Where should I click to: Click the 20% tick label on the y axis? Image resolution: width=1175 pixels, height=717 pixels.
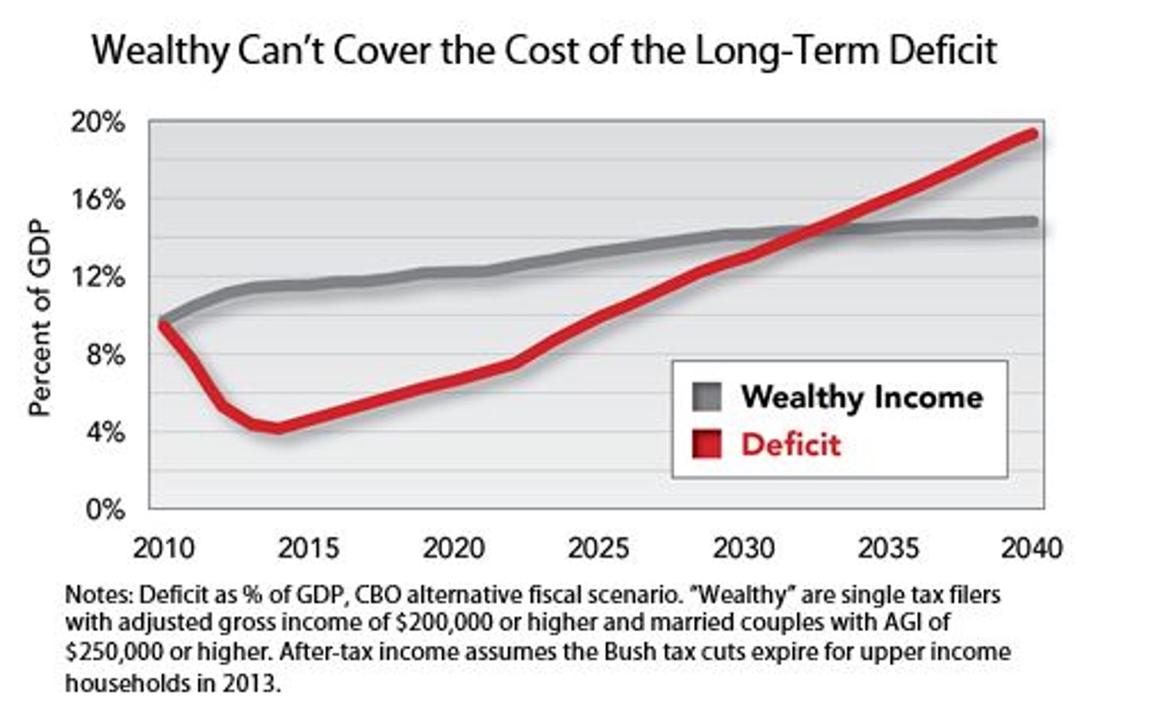click(x=98, y=123)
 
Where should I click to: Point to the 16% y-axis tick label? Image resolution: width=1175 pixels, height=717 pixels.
click(x=98, y=200)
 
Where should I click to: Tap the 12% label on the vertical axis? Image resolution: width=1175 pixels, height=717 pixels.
click(x=98, y=278)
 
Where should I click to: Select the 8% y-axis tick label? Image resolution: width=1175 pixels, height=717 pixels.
click(x=104, y=355)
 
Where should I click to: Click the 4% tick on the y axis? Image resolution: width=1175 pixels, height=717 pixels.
click(x=104, y=433)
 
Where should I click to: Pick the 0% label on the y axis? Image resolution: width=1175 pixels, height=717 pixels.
click(x=104, y=510)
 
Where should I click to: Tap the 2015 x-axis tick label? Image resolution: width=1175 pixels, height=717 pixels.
click(x=308, y=549)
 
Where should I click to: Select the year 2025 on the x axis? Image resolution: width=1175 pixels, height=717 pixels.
click(x=599, y=549)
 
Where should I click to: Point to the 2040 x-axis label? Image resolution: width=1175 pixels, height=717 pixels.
click(x=1031, y=549)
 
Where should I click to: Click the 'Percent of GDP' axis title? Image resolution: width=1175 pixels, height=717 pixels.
click(x=39, y=318)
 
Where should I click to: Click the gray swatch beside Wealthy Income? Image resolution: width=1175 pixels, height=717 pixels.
click(x=706, y=396)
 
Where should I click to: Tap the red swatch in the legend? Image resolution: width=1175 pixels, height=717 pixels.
click(x=706, y=444)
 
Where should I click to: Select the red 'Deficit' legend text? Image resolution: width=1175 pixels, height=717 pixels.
click(x=790, y=445)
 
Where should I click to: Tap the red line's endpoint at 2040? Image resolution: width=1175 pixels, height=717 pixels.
click(x=1032, y=133)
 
